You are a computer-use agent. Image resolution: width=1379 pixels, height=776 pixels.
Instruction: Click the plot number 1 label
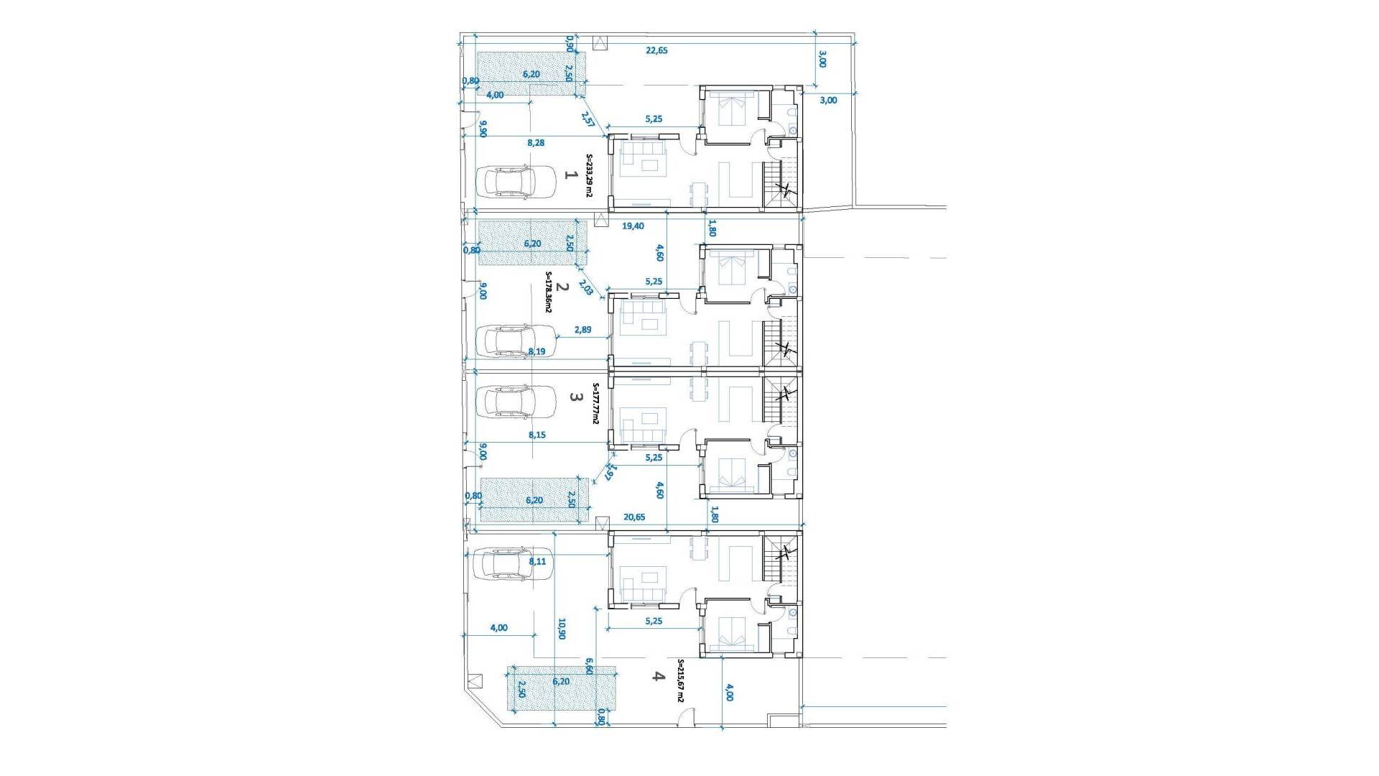point(572,175)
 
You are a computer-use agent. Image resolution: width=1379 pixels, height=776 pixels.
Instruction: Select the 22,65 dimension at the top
point(656,50)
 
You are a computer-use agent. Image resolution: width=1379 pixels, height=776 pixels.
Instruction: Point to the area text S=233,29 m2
point(589,176)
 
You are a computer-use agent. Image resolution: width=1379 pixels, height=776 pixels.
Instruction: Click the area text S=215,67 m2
point(681,681)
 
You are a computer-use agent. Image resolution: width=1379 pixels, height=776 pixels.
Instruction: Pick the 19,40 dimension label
point(633,226)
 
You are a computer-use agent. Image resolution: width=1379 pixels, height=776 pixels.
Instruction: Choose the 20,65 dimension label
point(634,517)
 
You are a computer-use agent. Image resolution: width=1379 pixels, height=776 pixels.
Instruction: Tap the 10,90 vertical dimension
point(561,629)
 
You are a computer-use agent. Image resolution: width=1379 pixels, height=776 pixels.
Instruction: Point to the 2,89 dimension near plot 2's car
point(582,330)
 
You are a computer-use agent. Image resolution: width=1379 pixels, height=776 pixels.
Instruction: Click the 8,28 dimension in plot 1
point(536,143)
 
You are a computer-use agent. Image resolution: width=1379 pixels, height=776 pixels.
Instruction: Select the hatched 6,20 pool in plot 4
point(562,688)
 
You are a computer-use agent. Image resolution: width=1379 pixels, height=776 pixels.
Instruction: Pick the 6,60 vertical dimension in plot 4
point(589,666)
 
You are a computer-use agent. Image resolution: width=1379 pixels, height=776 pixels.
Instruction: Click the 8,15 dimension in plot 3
point(537,435)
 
